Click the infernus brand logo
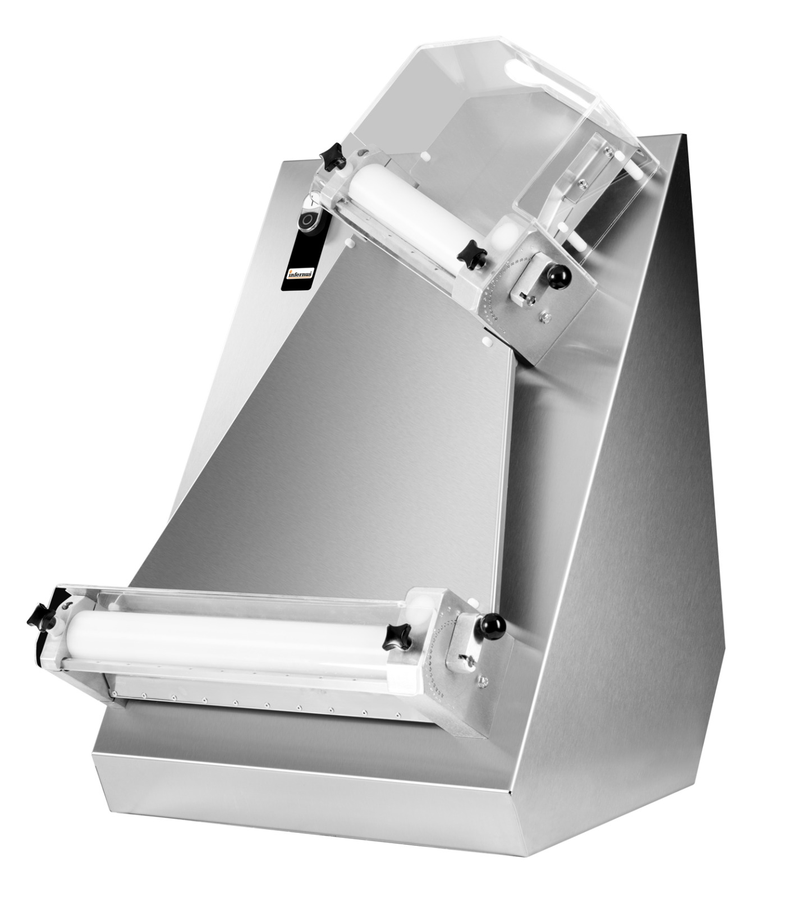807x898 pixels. [301, 274]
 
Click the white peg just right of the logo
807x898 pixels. [350, 243]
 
